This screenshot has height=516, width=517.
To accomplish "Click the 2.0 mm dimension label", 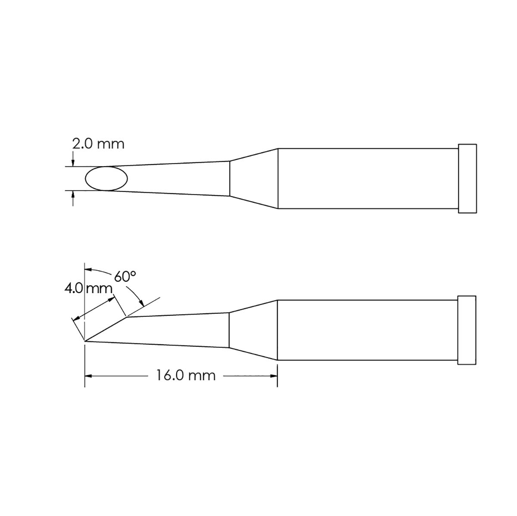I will (98, 144).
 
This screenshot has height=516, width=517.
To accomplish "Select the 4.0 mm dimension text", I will (88, 288).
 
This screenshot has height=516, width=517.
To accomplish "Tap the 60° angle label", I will (125, 277).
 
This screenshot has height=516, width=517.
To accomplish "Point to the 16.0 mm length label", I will (185, 376).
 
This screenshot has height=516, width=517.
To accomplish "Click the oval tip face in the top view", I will (106, 179).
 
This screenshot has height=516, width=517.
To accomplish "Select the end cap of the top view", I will (467, 179).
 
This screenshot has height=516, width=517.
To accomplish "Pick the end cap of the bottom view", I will (467, 330).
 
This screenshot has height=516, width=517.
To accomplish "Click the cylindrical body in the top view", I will (366, 179).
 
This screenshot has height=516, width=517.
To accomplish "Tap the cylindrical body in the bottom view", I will (366, 330).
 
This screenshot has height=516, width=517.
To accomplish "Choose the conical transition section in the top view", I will (253, 179).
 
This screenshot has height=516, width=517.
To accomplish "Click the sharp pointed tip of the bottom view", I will (86, 342).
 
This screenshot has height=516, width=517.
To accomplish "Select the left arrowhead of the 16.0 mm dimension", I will (88, 376).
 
